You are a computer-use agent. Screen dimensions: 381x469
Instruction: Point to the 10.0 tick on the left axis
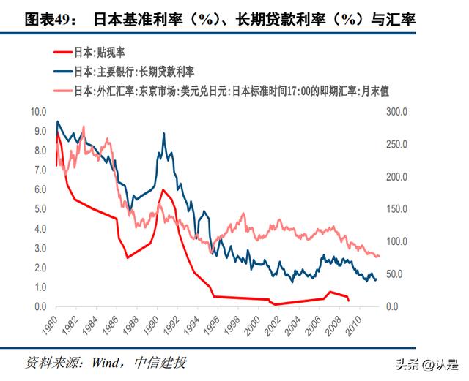[37, 112]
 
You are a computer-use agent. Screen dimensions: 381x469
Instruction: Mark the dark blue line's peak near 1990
[163, 134]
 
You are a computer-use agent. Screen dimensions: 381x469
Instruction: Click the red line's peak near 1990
[162, 189]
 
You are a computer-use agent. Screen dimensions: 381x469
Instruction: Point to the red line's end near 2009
[349, 301]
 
